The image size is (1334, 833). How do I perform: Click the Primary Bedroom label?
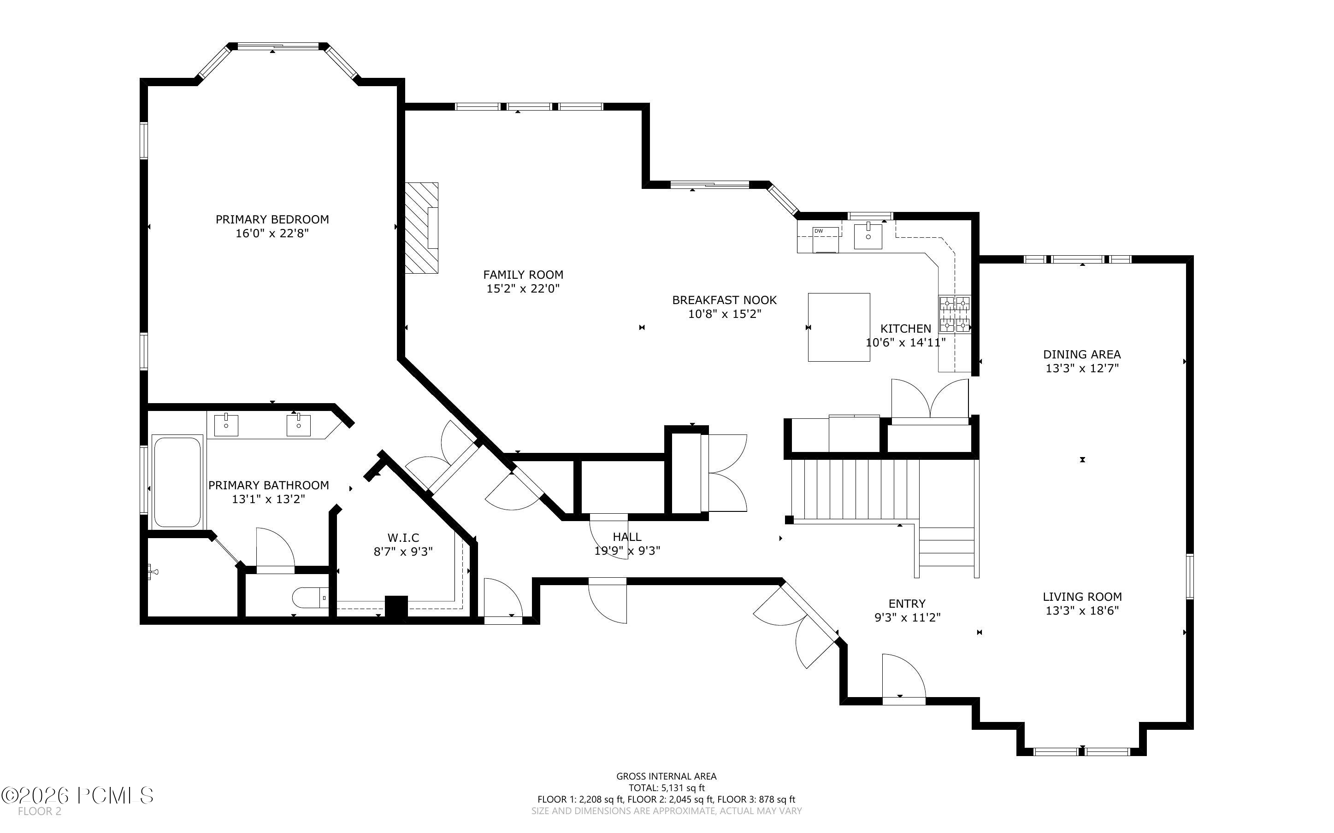[272, 219]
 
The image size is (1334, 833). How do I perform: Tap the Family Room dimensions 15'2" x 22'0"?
[523, 288]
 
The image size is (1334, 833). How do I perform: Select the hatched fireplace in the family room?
[421, 228]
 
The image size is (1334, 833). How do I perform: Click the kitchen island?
[838, 327]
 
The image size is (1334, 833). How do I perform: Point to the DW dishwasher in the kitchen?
[826, 240]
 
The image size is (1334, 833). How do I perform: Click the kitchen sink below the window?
[868, 235]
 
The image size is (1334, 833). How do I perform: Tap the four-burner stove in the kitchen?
[954, 314]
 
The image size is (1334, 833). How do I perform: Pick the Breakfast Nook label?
[725, 300]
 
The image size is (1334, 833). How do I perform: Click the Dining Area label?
[1082, 354]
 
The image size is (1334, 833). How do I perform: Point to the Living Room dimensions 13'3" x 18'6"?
[1082, 610]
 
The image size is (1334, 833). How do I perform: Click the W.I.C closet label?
[403, 538]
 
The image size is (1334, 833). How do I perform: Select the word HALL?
[627, 537]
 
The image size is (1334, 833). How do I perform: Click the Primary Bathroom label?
[268, 485]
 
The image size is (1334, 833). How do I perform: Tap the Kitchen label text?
[906, 329]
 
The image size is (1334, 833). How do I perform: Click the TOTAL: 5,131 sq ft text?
[667, 788]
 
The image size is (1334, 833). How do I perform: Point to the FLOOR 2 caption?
[39, 811]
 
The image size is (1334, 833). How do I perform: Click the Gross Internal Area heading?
[667, 776]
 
